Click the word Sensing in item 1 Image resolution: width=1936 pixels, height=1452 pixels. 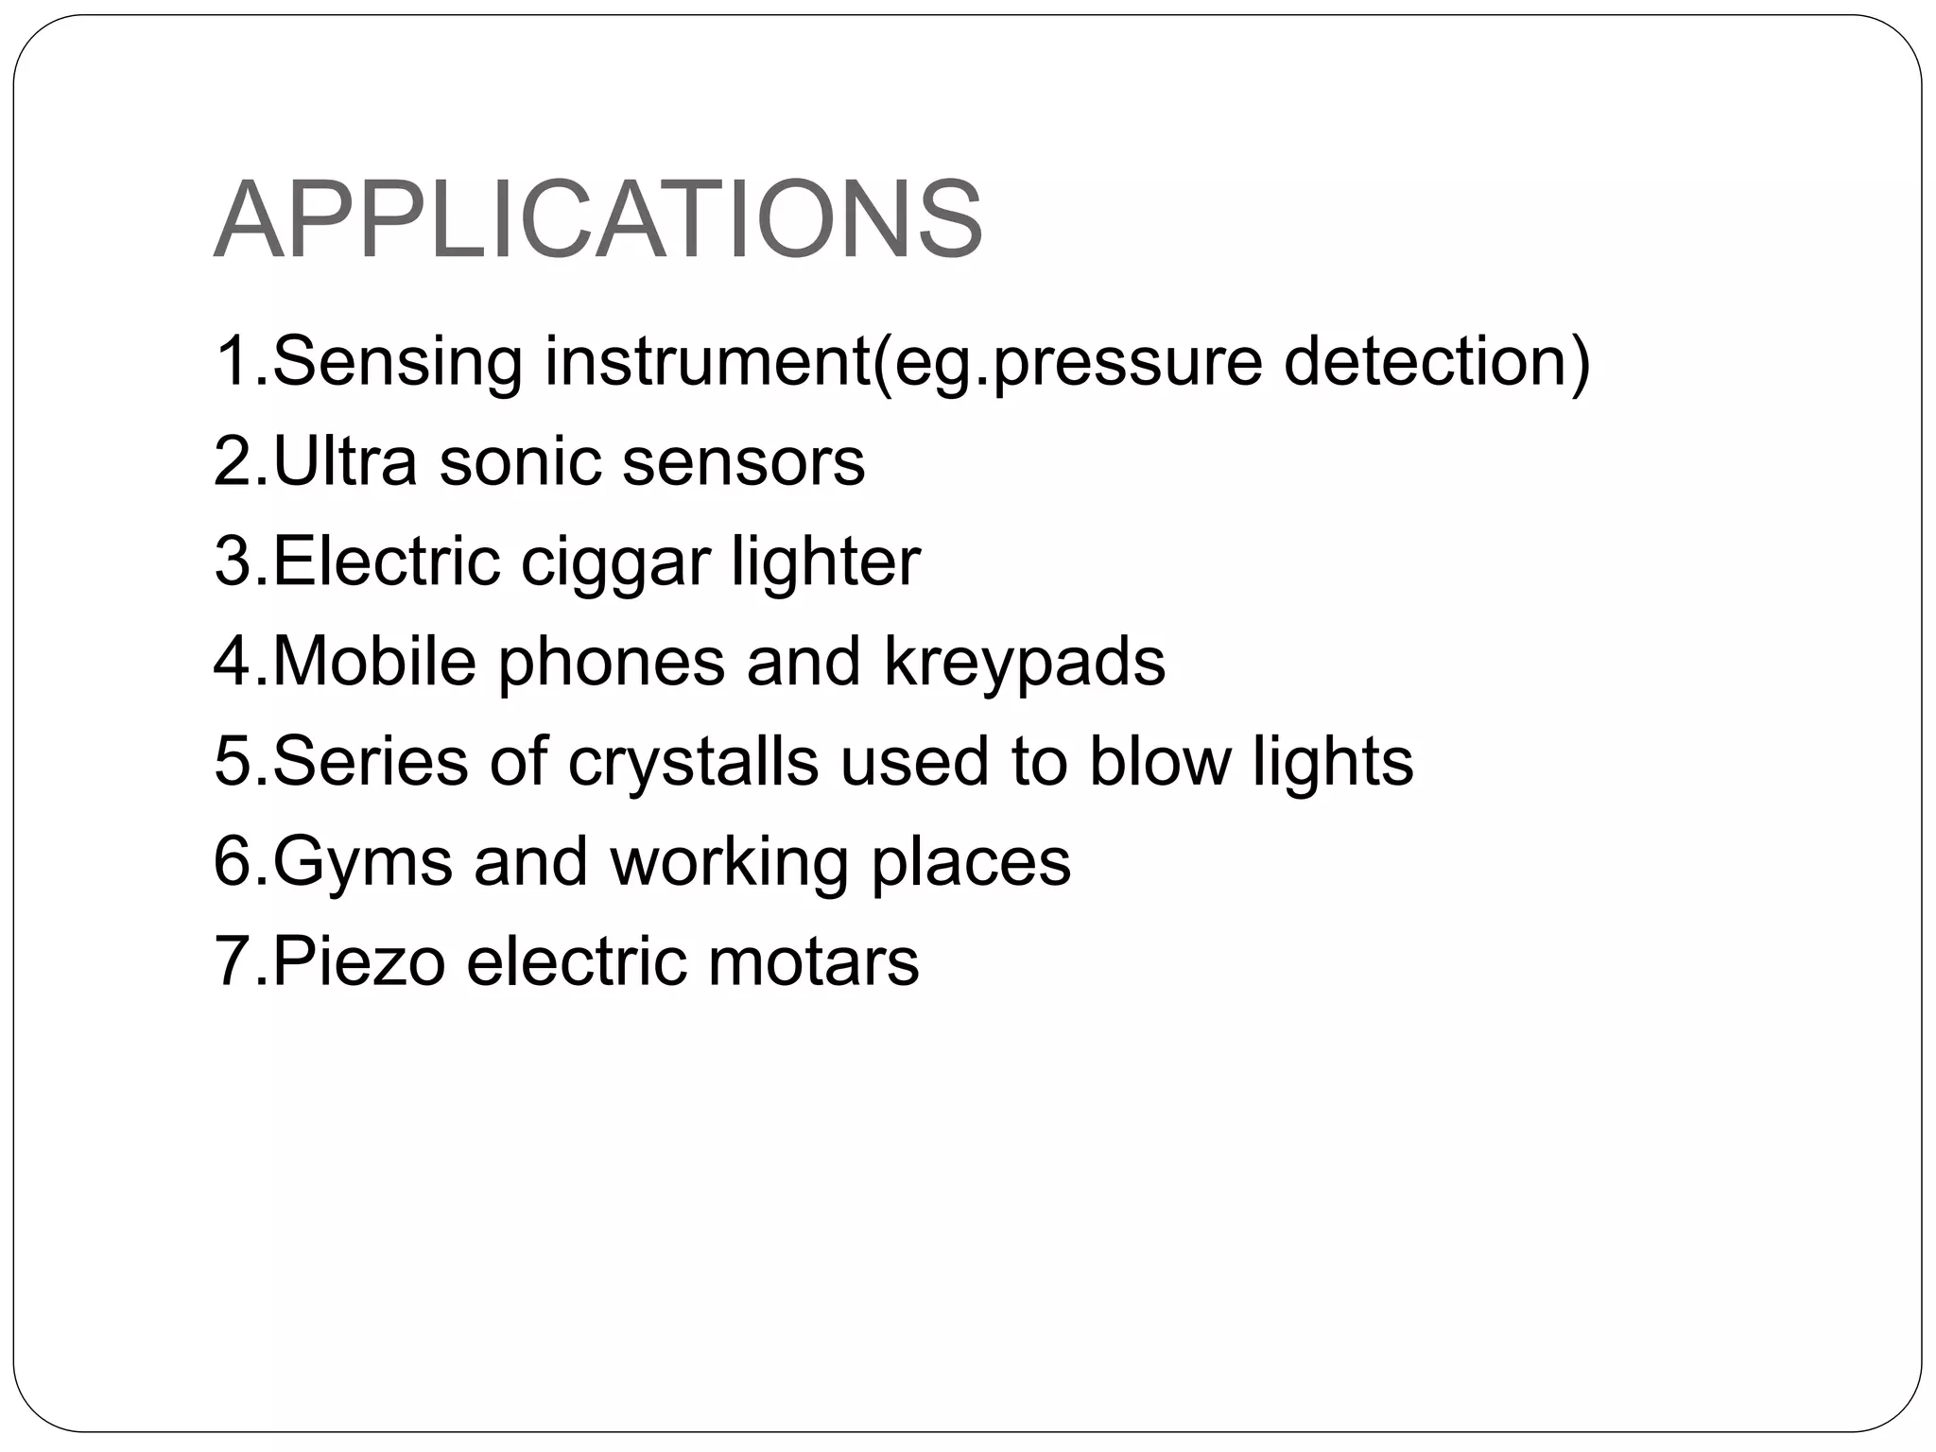pyautogui.click(x=396, y=362)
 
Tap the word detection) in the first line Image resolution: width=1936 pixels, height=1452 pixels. pyautogui.click(x=1437, y=362)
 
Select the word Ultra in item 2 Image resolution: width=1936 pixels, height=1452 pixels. pyautogui.click(x=344, y=462)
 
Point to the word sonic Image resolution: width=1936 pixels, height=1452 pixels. pyautogui.click(x=519, y=462)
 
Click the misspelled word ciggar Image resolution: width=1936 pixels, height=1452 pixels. pyautogui.click(x=615, y=563)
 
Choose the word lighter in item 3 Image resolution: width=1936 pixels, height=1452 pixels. pyautogui.click(x=825, y=562)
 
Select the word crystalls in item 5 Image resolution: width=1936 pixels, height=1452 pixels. pyautogui.click(x=693, y=763)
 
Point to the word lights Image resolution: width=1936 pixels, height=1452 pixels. pyautogui.click(x=1333, y=763)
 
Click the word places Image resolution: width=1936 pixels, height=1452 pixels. pyautogui.click(x=971, y=863)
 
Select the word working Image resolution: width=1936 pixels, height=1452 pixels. pyautogui.click(x=729, y=863)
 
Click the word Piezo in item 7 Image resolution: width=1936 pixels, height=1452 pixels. pyautogui.click(x=358, y=962)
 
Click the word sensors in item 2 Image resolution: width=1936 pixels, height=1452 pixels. pyautogui.click(x=744, y=462)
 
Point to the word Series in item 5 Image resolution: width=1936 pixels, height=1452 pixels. pyautogui.click(x=370, y=762)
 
